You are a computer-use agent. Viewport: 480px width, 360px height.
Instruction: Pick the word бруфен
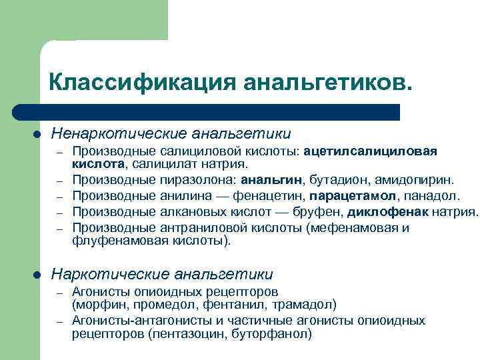pyautogui.click(x=315, y=212)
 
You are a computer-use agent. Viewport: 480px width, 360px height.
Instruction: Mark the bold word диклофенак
pyautogui.click(x=387, y=212)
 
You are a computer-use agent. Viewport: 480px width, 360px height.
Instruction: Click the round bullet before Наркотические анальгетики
pyautogui.click(x=38, y=274)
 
